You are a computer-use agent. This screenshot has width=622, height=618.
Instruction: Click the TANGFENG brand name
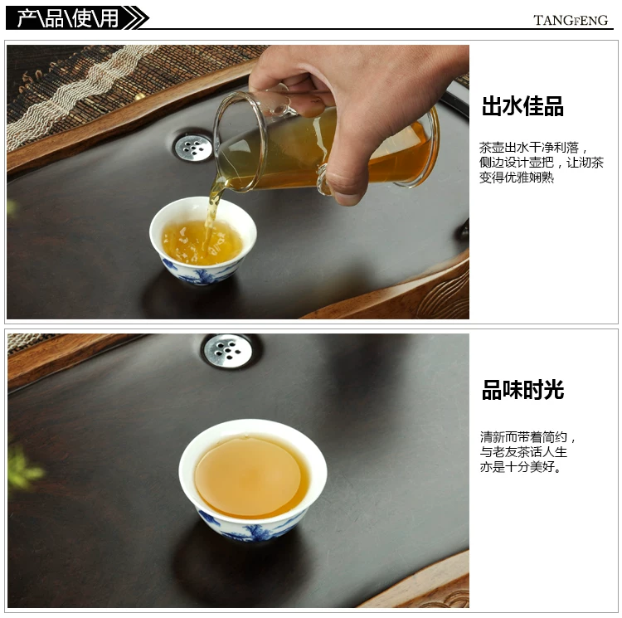coord(570,20)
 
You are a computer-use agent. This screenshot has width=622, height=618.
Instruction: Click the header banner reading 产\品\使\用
coord(68,18)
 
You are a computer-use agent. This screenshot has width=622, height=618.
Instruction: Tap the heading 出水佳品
coord(522,106)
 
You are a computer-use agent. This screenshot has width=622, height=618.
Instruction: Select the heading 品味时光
coord(522,390)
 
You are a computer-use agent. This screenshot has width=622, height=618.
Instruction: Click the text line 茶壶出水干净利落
coord(529,148)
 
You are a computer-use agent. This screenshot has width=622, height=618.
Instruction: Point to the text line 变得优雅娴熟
coord(517,177)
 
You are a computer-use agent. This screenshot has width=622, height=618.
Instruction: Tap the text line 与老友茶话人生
coord(523,452)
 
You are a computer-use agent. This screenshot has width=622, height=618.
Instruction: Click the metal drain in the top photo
coord(193,148)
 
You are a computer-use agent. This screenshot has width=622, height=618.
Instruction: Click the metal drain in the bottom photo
coord(228,351)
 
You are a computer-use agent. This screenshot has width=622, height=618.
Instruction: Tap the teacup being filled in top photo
coord(202,241)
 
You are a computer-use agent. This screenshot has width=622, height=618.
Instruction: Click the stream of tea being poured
coord(212,210)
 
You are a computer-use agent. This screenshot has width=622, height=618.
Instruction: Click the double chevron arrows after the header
coord(136,18)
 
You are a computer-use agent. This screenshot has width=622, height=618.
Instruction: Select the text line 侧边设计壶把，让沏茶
coord(541,163)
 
